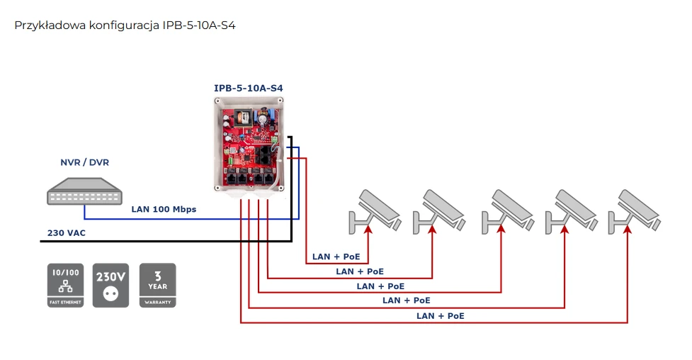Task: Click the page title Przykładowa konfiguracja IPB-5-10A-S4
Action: [125, 26]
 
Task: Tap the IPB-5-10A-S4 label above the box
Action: [254, 88]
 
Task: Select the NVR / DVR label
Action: [84, 163]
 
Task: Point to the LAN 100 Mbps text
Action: [164, 210]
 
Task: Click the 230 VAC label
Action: [67, 232]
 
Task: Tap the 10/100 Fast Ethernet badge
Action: [65, 285]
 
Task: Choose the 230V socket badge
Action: [111, 285]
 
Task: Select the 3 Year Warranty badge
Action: [157, 285]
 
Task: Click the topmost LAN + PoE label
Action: [336, 257]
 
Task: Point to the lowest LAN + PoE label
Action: [441, 315]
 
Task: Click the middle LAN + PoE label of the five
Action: [380, 286]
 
